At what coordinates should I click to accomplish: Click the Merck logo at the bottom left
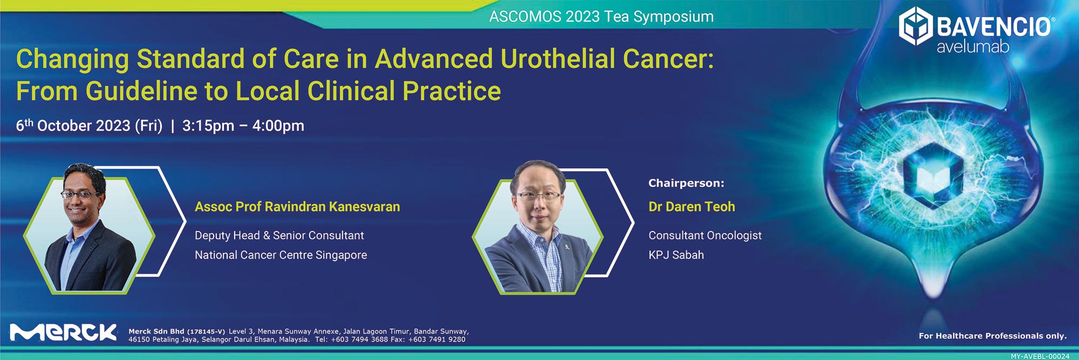point(64,332)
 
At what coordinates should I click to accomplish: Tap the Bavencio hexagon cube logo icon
point(916,25)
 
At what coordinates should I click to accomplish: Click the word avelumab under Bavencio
point(973,47)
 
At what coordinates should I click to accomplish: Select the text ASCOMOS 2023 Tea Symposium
point(602,17)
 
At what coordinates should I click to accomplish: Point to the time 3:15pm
point(208,126)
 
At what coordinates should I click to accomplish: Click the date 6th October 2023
point(73,125)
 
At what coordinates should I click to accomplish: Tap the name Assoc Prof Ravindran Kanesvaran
point(297,207)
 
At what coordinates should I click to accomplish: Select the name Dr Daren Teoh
point(692,207)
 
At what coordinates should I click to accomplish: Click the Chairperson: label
point(686,183)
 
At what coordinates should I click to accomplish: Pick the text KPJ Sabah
point(676,255)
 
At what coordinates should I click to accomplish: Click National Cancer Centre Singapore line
point(281,255)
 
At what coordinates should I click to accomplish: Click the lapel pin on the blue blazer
point(563,246)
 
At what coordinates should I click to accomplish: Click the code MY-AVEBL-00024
point(1040,356)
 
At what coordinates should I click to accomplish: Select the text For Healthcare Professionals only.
point(993,336)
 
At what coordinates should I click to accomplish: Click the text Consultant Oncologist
point(705,235)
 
